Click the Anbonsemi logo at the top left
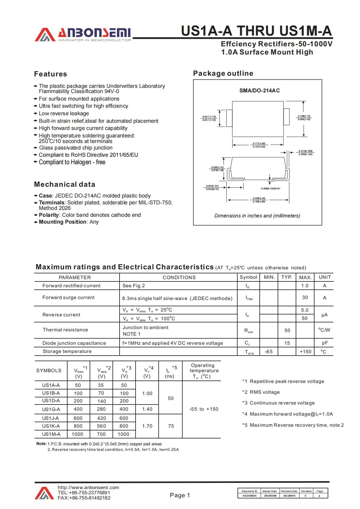[83, 34]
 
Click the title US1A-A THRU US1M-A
[256, 31]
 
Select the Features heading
[50, 74]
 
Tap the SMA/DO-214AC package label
[259, 90]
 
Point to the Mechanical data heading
[64, 184]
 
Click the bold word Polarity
[49, 215]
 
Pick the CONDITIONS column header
[179, 277]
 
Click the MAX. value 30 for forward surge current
[305, 297]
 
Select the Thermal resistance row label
[65, 330]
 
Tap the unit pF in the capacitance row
[325, 343]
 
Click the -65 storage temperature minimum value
[269, 352]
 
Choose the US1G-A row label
[51, 409]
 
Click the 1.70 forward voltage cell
[147, 426]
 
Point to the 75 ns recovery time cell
[171, 426]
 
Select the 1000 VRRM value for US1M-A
[77, 434]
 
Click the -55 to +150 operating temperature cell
[204, 409]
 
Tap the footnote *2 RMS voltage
[261, 392]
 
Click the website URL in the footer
[88, 487]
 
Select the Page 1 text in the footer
[180, 495]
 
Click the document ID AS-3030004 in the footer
[249, 496]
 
